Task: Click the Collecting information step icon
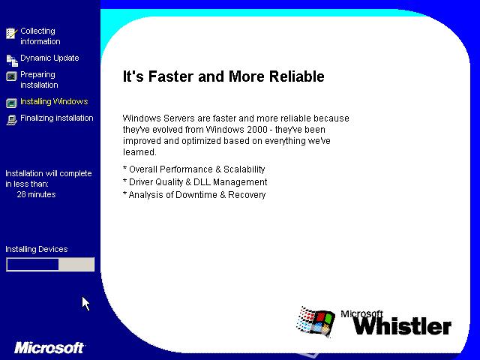pyautogui.click(x=11, y=33)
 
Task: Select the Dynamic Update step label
pyautogui.click(x=49, y=58)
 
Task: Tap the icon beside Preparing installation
pyautogui.click(x=11, y=76)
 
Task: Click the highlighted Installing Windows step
pyautogui.click(x=54, y=101)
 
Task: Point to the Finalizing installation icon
pyautogui.click(x=11, y=120)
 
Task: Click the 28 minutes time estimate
pyautogui.click(x=36, y=194)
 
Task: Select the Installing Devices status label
pyautogui.click(x=37, y=249)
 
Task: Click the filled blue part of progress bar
pyautogui.click(x=33, y=265)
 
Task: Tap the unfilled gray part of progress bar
pyautogui.click(x=76, y=265)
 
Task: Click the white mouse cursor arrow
pyautogui.click(x=85, y=303)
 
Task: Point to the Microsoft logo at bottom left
pyautogui.click(x=49, y=348)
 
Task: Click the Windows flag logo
pyautogui.click(x=315, y=322)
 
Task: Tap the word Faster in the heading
pyautogui.click(x=172, y=76)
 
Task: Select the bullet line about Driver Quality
pyautogui.click(x=195, y=182)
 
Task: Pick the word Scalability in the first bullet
pyautogui.click(x=244, y=169)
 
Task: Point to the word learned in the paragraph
pyautogui.click(x=139, y=152)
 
